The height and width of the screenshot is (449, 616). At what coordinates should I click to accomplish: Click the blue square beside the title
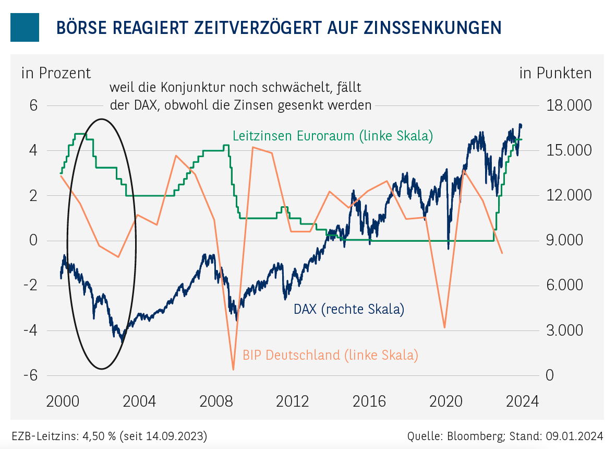click(25, 27)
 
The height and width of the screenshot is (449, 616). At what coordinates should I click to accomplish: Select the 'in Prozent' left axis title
click(56, 73)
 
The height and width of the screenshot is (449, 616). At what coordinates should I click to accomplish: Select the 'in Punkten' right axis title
click(555, 73)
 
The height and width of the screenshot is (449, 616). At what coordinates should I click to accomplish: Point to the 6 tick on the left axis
click(34, 105)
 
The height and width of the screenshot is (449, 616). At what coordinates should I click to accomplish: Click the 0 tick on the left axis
click(34, 241)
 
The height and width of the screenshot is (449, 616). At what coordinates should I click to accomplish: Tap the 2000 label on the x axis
click(63, 401)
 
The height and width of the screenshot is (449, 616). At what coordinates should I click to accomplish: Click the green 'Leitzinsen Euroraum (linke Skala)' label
click(333, 136)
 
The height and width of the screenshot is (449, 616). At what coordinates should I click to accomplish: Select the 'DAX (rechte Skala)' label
click(349, 309)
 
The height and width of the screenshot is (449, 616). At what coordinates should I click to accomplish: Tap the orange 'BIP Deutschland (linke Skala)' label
click(330, 356)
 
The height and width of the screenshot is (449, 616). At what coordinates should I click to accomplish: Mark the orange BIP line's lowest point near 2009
click(233, 370)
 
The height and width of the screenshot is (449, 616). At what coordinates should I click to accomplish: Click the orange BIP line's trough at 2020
click(444, 327)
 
